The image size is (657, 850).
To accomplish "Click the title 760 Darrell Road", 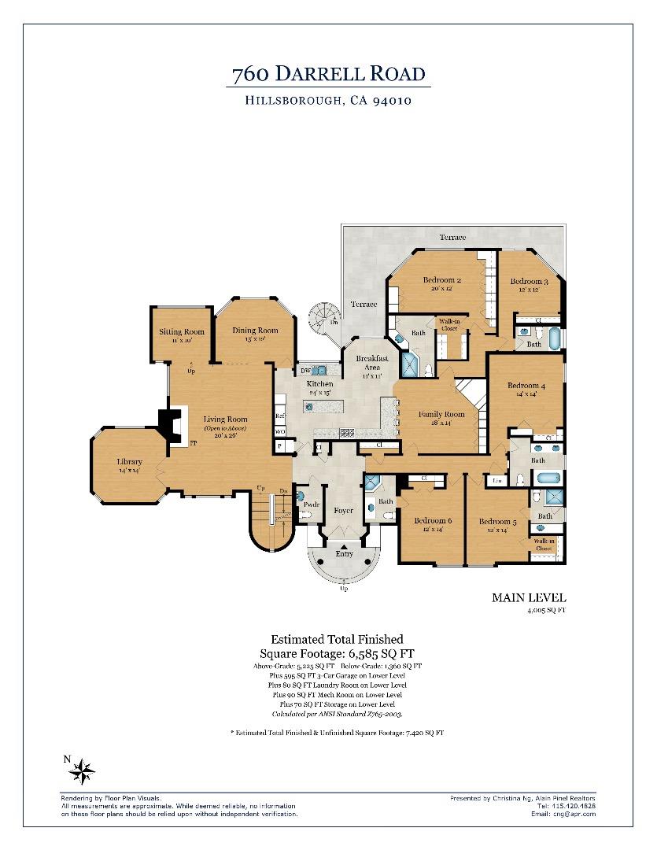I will point(328,75).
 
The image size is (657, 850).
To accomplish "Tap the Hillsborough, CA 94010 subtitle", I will point(328,101).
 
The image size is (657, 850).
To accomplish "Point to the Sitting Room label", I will point(182,331).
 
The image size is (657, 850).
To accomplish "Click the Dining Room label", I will point(255,330).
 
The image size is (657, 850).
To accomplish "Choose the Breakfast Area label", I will point(371,363).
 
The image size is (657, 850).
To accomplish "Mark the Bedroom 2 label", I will point(441,280).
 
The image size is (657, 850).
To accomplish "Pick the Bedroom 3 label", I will point(529,281).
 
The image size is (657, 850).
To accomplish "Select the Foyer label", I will point(343,510).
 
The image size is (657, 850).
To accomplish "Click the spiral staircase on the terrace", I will point(321,318).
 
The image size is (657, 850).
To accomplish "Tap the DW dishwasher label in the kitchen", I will point(305,371).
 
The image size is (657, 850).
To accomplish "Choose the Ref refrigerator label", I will point(279,416).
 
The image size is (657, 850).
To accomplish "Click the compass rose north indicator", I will point(82,771).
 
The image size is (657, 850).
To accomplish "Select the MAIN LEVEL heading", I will point(529,598).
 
